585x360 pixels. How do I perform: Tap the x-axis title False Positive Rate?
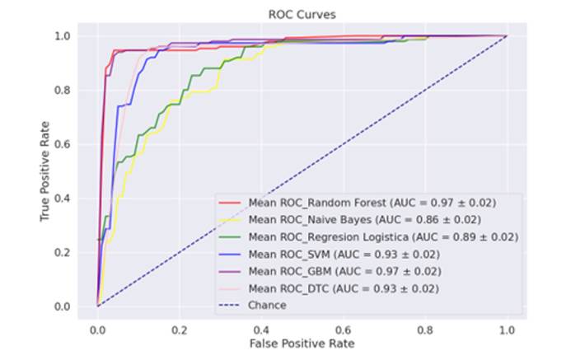[x=302, y=341]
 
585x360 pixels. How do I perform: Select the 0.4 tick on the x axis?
[x=261, y=327]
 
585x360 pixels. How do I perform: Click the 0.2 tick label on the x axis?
[x=180, y=327]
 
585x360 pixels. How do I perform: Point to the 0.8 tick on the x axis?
[x=424, y=327]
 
